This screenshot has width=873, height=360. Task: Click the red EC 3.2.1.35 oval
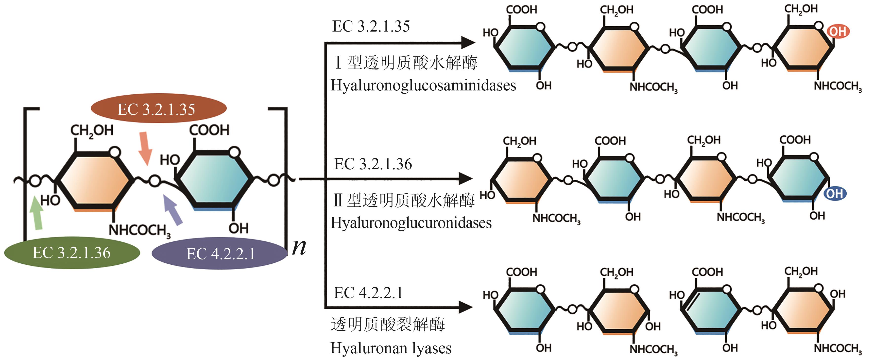point(158,108)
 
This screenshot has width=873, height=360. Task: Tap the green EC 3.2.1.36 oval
point(72,253)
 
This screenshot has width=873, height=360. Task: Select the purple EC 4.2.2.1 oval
point(220,254)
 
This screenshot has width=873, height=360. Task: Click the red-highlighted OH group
point(838,32)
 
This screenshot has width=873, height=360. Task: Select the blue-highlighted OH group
point(835,194)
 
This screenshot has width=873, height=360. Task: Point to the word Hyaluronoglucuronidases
point(411,223)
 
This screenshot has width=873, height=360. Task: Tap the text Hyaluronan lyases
point(391,348)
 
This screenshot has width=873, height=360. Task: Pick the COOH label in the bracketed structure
point(209,130)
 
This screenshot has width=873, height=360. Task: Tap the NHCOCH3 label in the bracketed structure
point(139,230)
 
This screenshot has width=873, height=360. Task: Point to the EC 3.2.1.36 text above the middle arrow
point(373,164)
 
